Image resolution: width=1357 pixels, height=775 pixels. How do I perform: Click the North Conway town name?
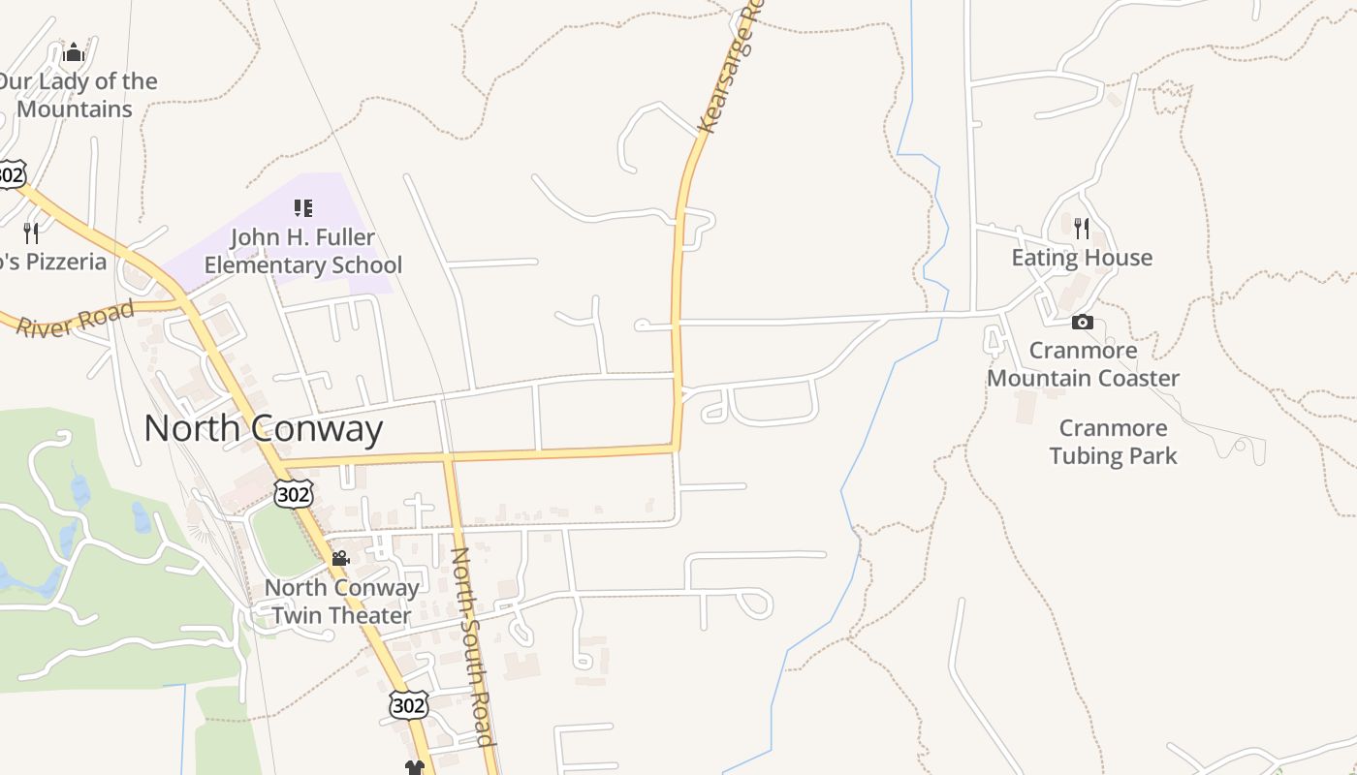(x=264, y=428)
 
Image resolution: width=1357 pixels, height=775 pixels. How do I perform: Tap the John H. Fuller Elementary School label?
(x=302, y=251)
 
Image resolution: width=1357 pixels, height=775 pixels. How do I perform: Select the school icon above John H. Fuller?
(x=302, y=208)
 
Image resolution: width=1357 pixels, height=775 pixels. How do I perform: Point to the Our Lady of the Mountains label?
(x=76, y=95)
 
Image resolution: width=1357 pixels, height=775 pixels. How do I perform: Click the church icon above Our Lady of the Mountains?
(x=74, y=52)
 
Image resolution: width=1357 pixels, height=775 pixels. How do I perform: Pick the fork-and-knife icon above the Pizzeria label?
(x=31, y=232)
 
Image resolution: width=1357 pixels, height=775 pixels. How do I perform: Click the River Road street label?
(x=76, y=318)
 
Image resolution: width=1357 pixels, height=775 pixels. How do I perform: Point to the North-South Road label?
(x=473, y=646)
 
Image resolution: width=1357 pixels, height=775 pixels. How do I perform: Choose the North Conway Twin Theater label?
(x=341, y=601)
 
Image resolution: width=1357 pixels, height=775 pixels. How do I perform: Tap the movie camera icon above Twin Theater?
(x=340, y=559)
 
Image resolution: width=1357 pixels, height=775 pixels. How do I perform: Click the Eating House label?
(x=1082, y=258)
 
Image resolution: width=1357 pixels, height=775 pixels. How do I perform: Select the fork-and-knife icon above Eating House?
(x=1082, y=229)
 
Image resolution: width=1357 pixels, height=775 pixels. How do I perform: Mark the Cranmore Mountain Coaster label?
(x=1083, y=363)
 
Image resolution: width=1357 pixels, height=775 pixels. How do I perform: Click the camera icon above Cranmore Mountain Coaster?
(x=1083, y=323)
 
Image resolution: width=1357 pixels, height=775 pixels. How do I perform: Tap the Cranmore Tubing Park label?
(x=1113, y=442)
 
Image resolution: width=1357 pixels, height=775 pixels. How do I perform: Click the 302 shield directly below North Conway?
(x=293, y=494)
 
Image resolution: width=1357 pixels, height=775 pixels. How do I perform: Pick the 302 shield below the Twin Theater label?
(x=408, y=705)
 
